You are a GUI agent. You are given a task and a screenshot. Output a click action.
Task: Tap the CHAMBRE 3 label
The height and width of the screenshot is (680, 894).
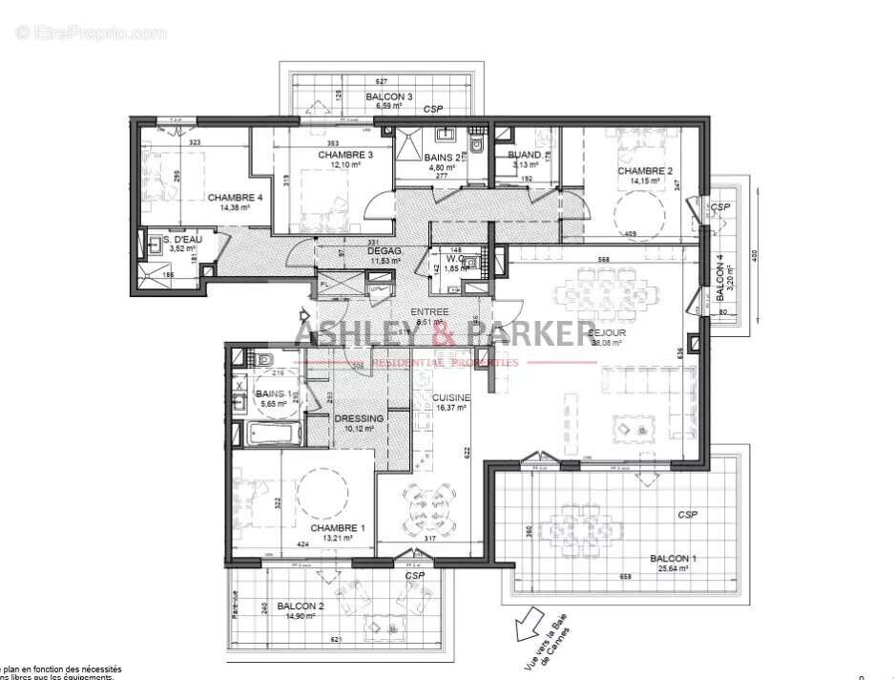pyautogui.click(x=344, y=154)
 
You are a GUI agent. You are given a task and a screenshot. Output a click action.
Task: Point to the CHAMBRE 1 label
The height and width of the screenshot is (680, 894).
pyautogui.click(x=337, y=528)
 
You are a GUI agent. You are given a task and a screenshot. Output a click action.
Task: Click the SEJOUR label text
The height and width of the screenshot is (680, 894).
pyautogui.click(x=608, y=333)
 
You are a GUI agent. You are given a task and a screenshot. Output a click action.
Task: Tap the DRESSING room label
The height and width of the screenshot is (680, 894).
pyautogui.click(x=359, y=418)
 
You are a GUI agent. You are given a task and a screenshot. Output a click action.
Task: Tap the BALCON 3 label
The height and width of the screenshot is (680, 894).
pyautogui.click(x=389, y=96)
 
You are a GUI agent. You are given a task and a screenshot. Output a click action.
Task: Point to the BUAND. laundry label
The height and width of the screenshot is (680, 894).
pyautogui.click(x=525, y=155)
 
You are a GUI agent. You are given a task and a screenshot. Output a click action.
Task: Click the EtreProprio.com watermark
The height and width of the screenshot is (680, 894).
pyautogui.click(x=91, y=32)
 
